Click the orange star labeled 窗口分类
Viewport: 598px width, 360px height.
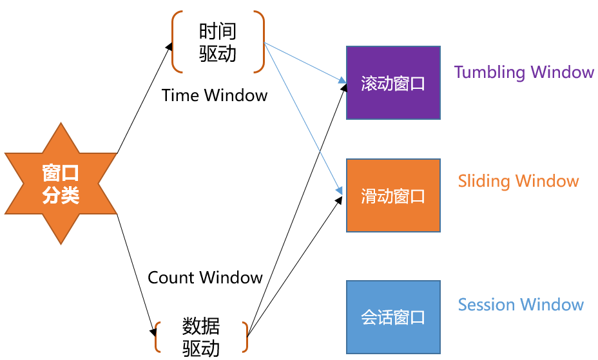(61, 184)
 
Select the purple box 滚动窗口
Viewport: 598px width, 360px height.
(393, 82)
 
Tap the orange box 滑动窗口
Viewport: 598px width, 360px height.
(393, 195)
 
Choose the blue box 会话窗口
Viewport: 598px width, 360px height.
(393, 317)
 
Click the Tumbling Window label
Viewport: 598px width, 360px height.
(524, 72)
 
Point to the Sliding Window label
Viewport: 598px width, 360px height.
(518, 181)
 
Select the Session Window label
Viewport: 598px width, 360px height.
(521, 305)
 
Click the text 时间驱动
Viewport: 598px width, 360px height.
(218, 42)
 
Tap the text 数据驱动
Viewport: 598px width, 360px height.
(201, 336)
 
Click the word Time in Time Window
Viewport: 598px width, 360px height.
(180, 95)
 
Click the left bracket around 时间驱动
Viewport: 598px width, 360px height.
(176, 41)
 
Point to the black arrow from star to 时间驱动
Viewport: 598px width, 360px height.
(144, 100)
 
